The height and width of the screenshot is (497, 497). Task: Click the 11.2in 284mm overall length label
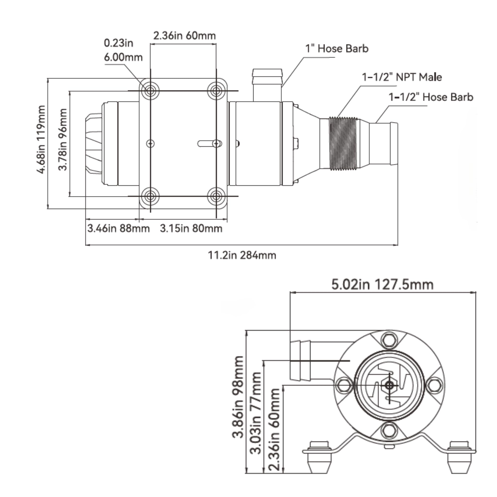click(242, 255)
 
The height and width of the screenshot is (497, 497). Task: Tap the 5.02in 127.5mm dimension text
click(382, 285)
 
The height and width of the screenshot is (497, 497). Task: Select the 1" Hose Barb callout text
click(337, 49)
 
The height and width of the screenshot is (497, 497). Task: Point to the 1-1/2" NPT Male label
click(402, 77)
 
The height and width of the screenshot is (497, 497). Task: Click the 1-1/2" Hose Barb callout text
click(431, 97)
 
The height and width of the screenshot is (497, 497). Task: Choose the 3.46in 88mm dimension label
click(119, 228)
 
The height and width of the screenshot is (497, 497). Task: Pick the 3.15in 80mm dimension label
click(191, 228)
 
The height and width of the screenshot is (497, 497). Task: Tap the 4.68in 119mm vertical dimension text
click(41, 139)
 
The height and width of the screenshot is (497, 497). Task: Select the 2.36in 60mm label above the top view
click(184, 36)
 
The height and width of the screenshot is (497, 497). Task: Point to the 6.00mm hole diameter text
click(123, 57)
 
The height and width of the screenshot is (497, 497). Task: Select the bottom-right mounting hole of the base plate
click(216, 196)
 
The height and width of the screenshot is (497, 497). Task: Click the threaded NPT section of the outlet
click(343, 143)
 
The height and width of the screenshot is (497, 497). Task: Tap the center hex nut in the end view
click(389, 385)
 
